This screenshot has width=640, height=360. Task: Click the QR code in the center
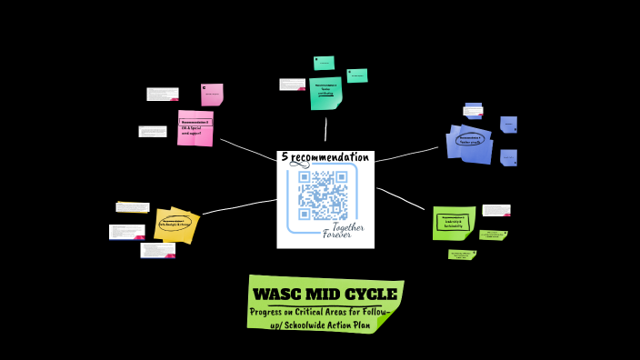coord(323,195)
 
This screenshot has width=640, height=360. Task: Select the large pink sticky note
coord(195,128)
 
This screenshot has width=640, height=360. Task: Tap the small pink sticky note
coord(212,95)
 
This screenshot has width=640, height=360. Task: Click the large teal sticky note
coord(325,93)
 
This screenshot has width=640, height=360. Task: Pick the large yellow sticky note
coord(175,225)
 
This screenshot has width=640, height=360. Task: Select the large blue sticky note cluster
coord(471,144)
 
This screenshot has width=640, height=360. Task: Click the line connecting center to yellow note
coord(239,206)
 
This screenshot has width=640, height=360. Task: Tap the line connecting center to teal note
coord(325,130)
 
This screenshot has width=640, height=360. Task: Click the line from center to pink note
coord(247,151)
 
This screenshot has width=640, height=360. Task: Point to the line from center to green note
coord(403,199)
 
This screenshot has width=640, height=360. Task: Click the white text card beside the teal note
coord(292,85)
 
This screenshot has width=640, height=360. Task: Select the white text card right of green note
coord(495,210)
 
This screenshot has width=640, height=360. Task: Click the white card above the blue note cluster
coord(473,111)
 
